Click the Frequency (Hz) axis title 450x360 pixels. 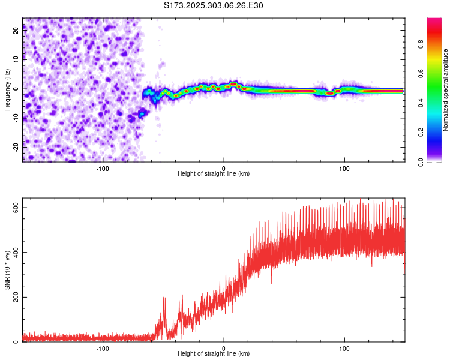(x=7, y=90)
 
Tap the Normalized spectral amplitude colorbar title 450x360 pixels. (x=445, y=90)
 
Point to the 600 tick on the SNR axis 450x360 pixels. (x=13, y=207)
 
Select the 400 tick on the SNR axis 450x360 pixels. (x=13, y=252)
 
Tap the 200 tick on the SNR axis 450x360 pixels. (x=13, y=297)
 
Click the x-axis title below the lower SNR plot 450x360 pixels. (x=214, y=354)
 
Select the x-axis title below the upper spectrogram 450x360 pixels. (x=214, y=173)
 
